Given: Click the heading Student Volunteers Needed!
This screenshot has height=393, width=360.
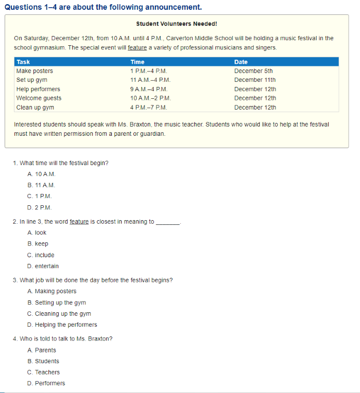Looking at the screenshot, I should pos(177,24).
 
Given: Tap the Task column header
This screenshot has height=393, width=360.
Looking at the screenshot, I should pos(23,62).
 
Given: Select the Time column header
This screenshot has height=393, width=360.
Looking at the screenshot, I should pos(138,62).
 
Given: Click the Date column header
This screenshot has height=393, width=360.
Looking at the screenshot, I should pos(241,62).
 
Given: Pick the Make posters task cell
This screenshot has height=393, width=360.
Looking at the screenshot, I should pos(35,71).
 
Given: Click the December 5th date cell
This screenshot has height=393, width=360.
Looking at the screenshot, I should pos(253,71).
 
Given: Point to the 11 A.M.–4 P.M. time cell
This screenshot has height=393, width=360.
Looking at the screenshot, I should pos(150,80).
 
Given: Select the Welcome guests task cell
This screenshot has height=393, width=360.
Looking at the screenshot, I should pos(39,98).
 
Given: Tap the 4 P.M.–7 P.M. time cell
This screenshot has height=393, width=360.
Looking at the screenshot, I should pos(149,108).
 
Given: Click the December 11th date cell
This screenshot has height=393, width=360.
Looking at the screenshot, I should pos(255,80).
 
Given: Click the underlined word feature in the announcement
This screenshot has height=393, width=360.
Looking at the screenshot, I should pos(138,47).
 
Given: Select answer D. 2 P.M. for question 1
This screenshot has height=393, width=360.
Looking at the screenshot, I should pos(40,207).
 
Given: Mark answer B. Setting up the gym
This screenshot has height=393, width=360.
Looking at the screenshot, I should pos(57,302).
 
